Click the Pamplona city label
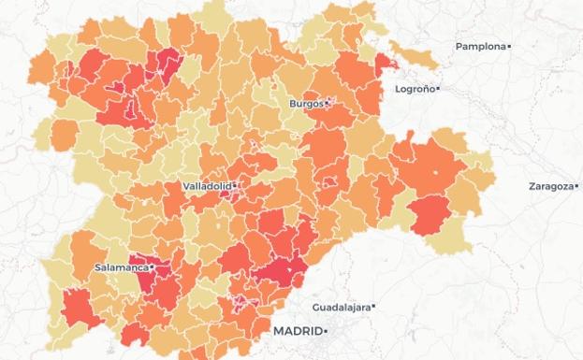(480, 47)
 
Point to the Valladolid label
(206, 186)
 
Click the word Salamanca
(122, 267)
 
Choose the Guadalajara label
(341, 307)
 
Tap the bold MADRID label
(297, 332)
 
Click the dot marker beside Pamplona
(509, 47)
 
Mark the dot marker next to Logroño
(438, 90)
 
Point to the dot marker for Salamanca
(152, 267)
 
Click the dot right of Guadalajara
(372, 307)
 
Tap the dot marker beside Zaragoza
(574, 186)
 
